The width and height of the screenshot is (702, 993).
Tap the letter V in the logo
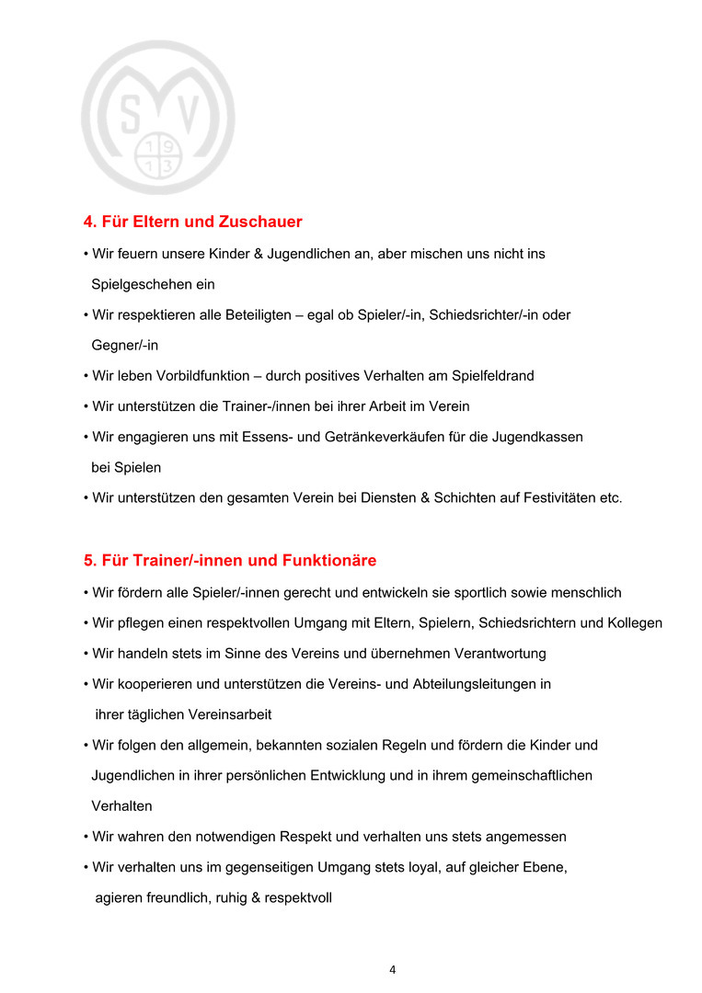click(187, 114)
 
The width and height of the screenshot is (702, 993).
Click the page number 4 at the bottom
click(393, 969)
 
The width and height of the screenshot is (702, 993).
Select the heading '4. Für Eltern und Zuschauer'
click(193, 222)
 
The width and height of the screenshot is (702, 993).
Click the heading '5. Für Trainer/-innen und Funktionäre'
click(230, 560)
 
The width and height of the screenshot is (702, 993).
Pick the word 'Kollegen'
click(635, 623)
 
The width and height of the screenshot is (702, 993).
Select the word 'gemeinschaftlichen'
click(535, 775)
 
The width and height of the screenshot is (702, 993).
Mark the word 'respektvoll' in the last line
click(298, 897)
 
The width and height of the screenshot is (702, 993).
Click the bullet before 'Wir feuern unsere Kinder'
click(85, 254)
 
